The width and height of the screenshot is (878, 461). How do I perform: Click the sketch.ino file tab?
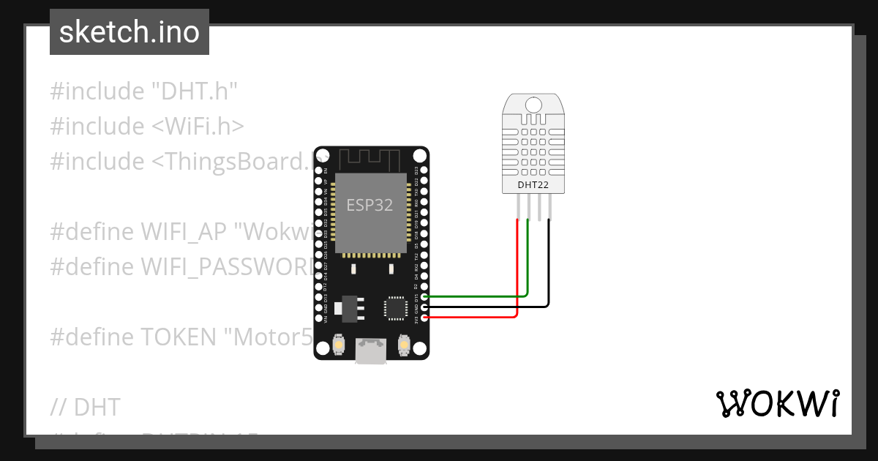coord(130,32)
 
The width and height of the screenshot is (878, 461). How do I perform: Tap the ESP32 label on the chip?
coord(369,206)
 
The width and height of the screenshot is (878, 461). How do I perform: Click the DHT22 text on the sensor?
coord(533,184)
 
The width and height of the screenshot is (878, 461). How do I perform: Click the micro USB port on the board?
coord(371,351)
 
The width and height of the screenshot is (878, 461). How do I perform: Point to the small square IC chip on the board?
coord(397,307)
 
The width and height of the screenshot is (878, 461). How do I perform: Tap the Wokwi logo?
coord(777,403)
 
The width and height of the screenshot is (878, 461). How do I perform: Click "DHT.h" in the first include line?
coord(195,91)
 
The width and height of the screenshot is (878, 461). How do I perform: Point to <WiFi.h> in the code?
coord(198,126)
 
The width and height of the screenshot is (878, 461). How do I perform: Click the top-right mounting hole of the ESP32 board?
coord(419,156)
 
